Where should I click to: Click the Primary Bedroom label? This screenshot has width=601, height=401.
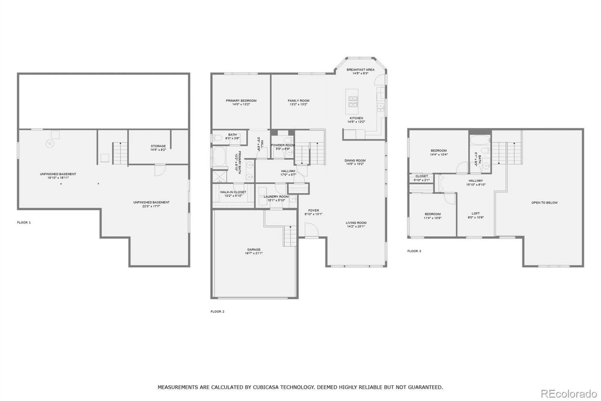click(241, 100)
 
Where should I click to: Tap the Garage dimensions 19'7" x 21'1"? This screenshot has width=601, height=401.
click(254, 254)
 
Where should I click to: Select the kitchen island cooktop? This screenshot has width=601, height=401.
click(352, 100)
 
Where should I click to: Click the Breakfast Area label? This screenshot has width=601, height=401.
click(360, 70)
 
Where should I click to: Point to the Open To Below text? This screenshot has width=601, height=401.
click(544, 203)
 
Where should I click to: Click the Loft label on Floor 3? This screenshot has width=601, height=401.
click(476, 213)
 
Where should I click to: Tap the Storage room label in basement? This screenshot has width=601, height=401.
click(158, 146)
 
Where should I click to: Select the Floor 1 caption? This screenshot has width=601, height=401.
click(24, 223)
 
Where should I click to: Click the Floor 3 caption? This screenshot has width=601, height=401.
click(414, 251)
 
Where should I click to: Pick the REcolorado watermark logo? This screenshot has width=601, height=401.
click(568, 393)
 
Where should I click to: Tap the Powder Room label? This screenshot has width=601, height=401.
click(283, 145)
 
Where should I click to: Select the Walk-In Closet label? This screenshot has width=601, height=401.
click(233, 192)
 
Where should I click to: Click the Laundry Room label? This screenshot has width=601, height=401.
click(276, 197)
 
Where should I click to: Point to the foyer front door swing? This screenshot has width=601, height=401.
click(311, 230)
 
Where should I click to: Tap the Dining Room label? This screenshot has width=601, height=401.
click(355, 161)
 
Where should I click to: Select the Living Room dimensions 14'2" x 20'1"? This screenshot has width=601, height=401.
click(356, 227)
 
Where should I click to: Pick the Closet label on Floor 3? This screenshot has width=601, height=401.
click(421, 176)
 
